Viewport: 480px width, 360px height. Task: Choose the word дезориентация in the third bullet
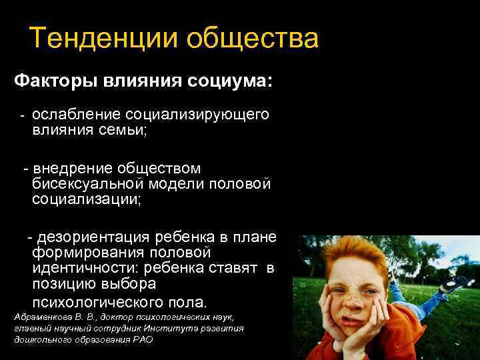click(94, 237)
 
